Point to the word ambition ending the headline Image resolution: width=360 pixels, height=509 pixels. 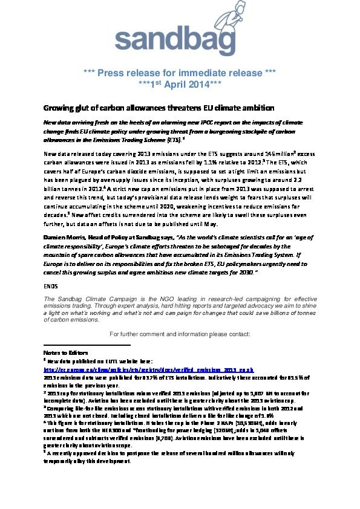tap(240, 108)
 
